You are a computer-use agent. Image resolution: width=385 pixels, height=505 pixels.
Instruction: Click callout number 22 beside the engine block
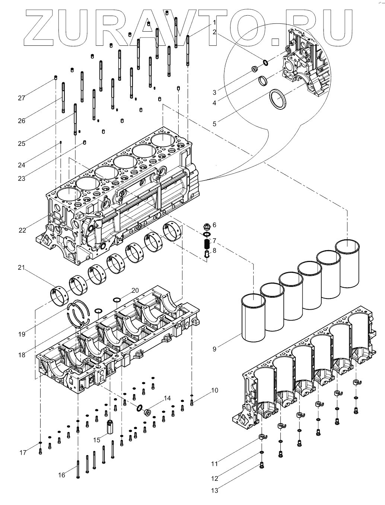[x=22, y=230]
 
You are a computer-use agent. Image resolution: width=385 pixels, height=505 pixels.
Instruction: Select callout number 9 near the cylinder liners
[x=214, y=349]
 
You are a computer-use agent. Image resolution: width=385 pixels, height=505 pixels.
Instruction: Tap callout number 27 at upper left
[x=21, y=98]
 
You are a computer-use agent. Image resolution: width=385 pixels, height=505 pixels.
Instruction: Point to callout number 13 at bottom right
[x=214, y=490]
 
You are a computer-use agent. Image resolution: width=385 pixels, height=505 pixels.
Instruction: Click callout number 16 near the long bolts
[x=61, y=475]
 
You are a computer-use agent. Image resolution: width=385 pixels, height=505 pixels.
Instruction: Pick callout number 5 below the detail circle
[x=214, y=124]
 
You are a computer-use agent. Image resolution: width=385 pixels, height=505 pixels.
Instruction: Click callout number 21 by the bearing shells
[x=21, y=268]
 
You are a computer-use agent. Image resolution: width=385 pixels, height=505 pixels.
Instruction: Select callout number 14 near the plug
[x=167, y=398]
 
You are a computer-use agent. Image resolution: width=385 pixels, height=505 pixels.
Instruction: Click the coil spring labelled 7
[x=207, y=244]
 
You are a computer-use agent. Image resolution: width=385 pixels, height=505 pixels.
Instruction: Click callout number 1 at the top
[x=214, y=23]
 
